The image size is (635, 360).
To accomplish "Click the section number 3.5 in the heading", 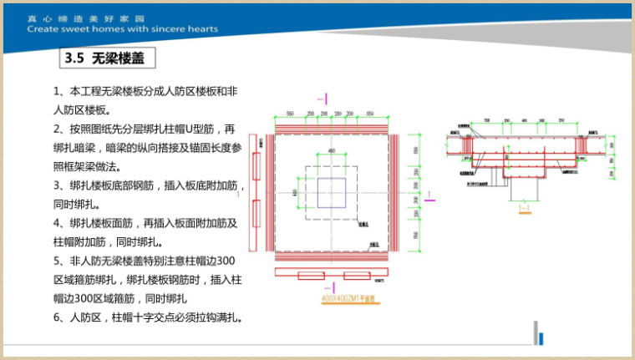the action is [75, 59].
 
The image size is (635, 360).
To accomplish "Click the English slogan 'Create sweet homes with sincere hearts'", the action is [122, 28].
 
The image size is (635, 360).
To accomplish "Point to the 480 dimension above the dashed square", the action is [331, 151].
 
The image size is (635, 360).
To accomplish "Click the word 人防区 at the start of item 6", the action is [89, 318].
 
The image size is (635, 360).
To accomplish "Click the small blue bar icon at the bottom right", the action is [542, 337].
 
